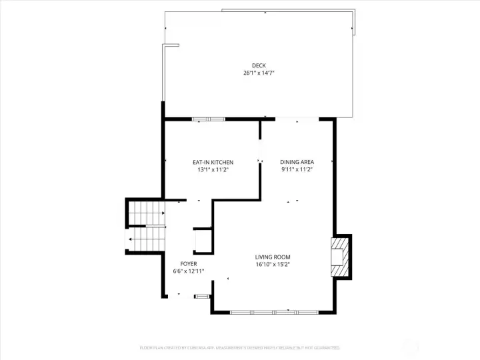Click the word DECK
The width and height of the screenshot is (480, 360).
(x=259, y=65)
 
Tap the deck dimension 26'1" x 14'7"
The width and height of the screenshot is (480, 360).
(x=259, y=73)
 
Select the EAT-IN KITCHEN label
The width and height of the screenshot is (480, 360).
(x=213, y=162)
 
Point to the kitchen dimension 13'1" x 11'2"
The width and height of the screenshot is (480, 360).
(x=213, y=169)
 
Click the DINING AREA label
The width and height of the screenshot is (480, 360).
(x=297, y=162)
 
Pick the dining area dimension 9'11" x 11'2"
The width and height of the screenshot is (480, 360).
(x=297, y=169)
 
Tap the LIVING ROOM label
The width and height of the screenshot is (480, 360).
(x=273, y=257)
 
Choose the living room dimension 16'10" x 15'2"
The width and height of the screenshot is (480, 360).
(x=273, y=264)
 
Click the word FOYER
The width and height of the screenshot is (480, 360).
(x=188, y=263)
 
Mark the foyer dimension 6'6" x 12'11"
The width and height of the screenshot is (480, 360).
(x=188, y=271)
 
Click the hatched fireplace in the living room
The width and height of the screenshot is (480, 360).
(x=341, y=257)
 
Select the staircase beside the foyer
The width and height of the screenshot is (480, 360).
(x=145, y=227)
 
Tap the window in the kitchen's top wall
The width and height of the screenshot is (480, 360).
(x=209, y=119)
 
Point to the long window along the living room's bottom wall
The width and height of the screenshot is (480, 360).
(x=274, y=311)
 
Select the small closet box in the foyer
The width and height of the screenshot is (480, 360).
(x=202, y=240)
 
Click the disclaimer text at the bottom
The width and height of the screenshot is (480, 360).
(x=239, y=347)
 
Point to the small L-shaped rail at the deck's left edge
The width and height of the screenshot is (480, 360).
(x=169, y=46)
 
